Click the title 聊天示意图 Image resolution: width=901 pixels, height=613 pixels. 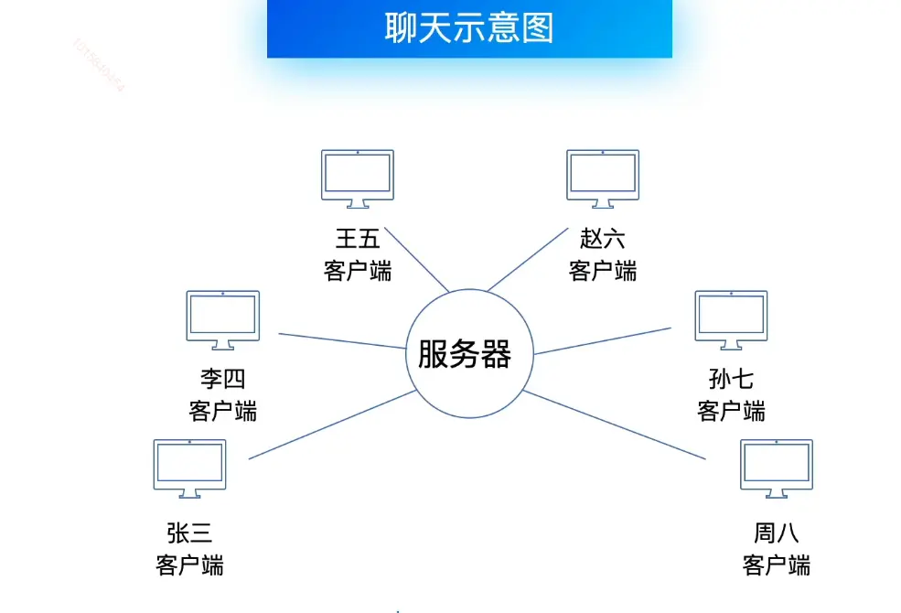pyautogui.click(x=469, y=27)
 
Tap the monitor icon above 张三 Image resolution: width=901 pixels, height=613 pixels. pyautogui.click(x=189, y=468)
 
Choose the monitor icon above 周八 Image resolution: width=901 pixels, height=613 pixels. pyautogui.click(x=777, y=468)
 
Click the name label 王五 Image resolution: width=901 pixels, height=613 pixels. pyautogui.click(x=358, y=240)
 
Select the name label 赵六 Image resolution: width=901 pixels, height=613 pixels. pyautogui.click(x=603, y=240)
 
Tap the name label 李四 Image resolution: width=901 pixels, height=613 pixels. pyautogui.click(x=223, y=379)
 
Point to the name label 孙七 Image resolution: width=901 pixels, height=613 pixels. pyautogui.click(x=732, y=379)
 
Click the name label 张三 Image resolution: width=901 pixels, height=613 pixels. pyautogui.click(x=189, y=532)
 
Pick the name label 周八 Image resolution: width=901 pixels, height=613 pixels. pyautogui.click(x=777, y=532)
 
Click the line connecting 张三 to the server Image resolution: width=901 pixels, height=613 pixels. pyautogui.click(x=332, y=425)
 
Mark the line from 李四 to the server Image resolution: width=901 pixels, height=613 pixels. pyautogui.click(x=342, y=341)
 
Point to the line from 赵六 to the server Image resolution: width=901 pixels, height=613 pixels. pyautogui.click(x=527, y=260)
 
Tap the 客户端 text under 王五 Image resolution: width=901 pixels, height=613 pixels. pyautogui.click(x=358, y=271)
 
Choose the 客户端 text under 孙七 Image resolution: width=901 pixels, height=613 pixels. pyautogui.click(x=732, y=411)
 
